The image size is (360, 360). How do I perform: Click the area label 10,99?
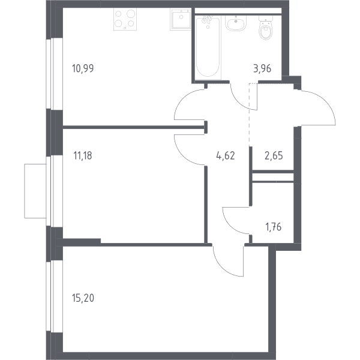[x=83, y=68]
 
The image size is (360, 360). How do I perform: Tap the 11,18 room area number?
[x=83, y=155]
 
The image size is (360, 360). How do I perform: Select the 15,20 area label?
[x=83, y=298]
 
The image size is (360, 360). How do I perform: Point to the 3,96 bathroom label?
[x=262, y=68]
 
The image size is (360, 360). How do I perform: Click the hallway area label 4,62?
[x=226, y=155]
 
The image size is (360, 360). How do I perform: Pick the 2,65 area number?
[x=274, y=155]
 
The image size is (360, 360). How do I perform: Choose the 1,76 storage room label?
[x=273, y=227]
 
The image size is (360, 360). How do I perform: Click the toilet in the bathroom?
[x=266, y=28]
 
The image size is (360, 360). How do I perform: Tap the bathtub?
[x=208, y=47]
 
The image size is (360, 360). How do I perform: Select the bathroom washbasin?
[x=236, y=23]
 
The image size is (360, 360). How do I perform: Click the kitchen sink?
[x=181, y=19]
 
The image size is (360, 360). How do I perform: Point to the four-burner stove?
[x=125, y=19]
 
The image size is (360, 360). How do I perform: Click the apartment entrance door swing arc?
[x=326, y=101]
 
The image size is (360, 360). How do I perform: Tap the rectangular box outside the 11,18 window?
[x=35, y=191]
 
